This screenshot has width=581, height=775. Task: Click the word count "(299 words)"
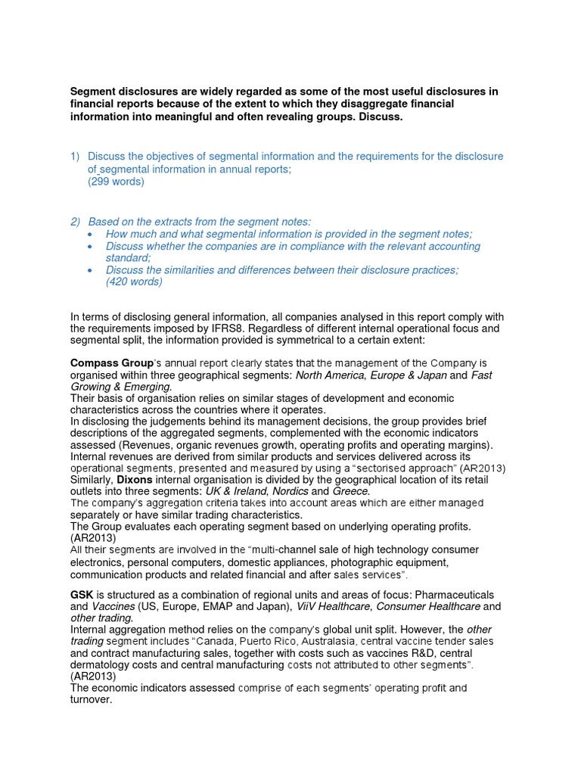pyautogui.click(x=116, y=182)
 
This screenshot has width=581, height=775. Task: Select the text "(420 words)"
pyautogui.click(x=134, y=282)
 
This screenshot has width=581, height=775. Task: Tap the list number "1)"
pyautogui.click(x=75, y=157)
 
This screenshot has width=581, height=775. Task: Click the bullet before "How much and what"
pyautogui.click(x=92, y=235)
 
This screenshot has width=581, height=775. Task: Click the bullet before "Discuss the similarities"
pyautogui.click(x=92, y=270)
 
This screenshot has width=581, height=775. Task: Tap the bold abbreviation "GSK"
pyautogui.click(x=82, y=595)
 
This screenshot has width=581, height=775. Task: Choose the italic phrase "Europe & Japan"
pyautogui.click(x=409, y=375)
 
